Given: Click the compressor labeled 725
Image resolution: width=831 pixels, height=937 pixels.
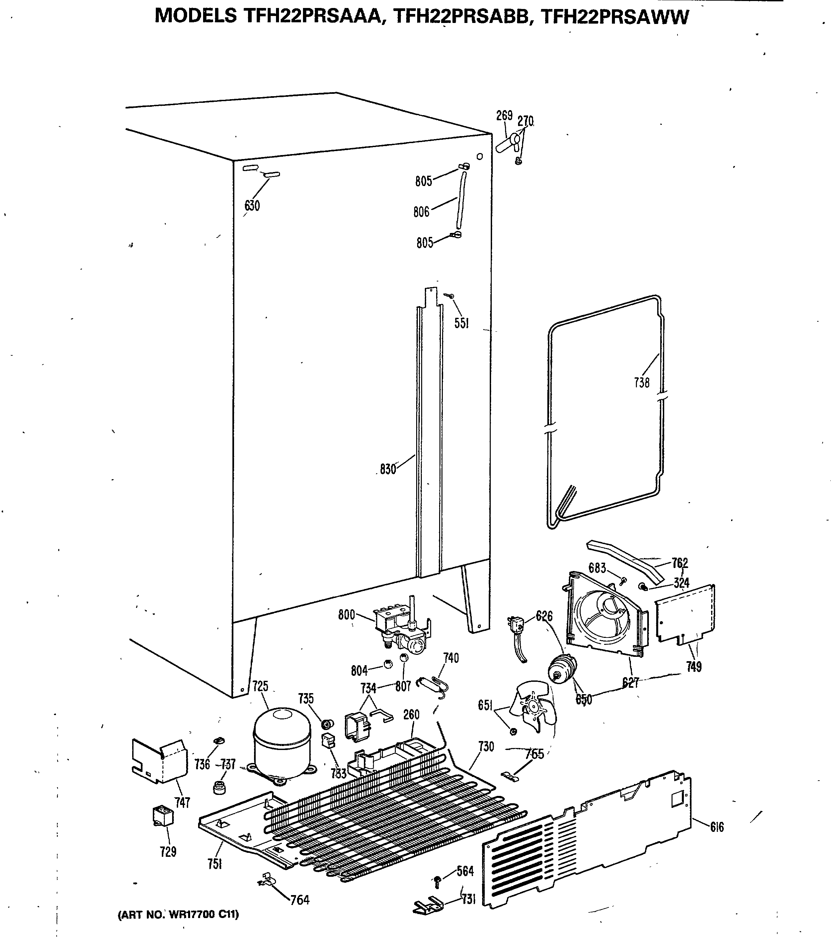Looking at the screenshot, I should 282,750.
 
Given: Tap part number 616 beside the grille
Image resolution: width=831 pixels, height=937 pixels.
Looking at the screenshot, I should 717,827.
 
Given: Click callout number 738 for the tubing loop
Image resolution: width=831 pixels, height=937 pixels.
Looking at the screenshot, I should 642,382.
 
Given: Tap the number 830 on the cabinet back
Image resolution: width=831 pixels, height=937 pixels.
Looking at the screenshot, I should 388,469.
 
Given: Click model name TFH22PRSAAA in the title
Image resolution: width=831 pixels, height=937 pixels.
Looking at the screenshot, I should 312,17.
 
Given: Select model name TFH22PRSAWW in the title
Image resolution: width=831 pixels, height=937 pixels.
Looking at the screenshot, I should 615,17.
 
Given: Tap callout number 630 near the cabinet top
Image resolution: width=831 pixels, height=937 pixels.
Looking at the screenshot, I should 252,206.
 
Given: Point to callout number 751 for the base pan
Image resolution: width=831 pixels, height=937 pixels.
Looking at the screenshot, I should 214,864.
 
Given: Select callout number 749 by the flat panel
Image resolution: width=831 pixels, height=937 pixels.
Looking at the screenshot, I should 693,666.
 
